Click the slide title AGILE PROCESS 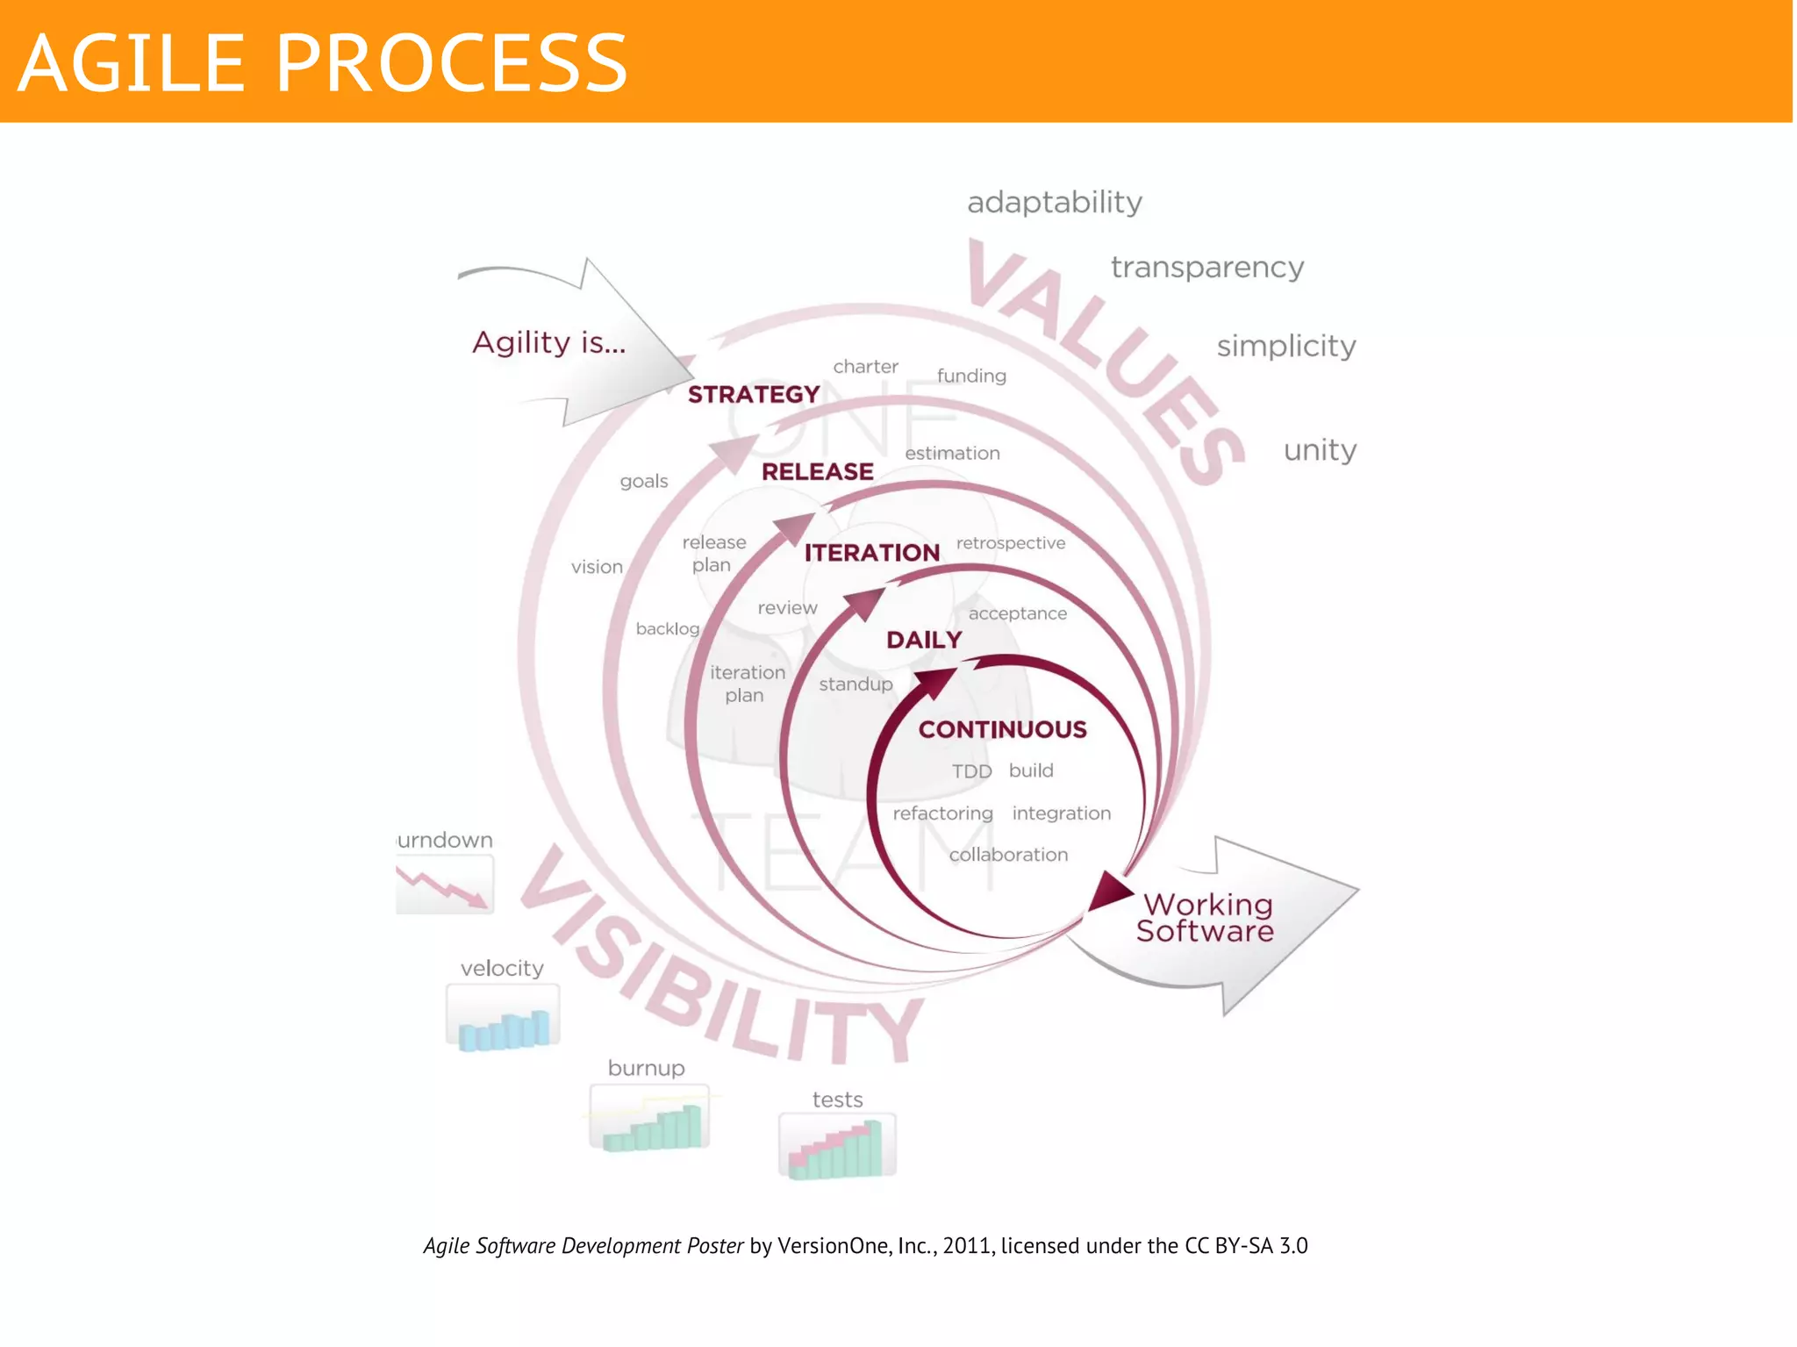point(322,62)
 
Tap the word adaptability point(1054,203)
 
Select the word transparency point(1206,268)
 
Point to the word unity point(1319,450)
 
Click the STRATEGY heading point(753,395)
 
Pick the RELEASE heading point(817,472)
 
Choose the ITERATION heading point(871,553)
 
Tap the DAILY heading point(924,640)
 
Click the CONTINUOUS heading point(1002,729)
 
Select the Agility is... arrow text point(548,342)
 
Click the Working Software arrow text point(1205,918)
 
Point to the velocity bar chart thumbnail point(503,1018)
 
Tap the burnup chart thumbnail point(649,1119)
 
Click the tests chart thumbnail point(837,1146)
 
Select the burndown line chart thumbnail point(444,885)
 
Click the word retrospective point(1010,543)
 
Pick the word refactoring point(942,813)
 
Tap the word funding point(971,376)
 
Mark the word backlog point(667,629)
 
